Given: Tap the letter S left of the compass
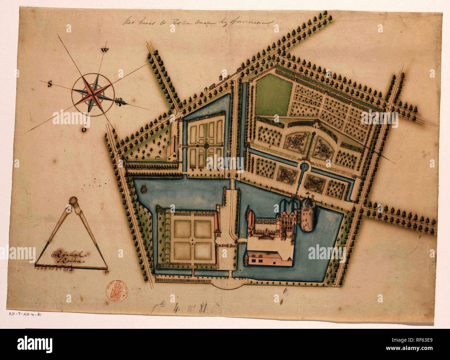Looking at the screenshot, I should [x=50, y=84].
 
